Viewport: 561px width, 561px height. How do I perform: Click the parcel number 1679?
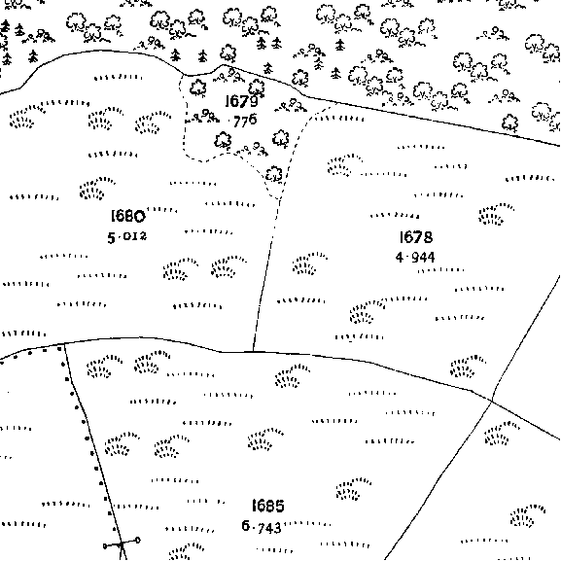pyautogui.click(x=241, y=101)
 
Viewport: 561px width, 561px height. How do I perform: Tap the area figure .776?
pyautogui.click(x=243, y=121)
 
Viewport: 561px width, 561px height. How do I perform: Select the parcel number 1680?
pyautogui.click(x=128, y=216)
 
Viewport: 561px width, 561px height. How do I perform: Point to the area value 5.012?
pyautogui.click(x=127, y=237)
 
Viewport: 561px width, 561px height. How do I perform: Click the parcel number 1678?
pyautogui.click(x=416, y=237)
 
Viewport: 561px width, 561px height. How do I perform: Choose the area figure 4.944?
pyautogui.click(x=415, y=257)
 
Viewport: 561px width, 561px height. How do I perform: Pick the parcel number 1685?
pyautogui.click(x=268, y=506)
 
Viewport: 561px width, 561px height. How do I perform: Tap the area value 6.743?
pyautogui.click(x=262, y=527)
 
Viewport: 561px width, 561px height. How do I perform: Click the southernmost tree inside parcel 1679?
pyautogui.click(x=274, y=174)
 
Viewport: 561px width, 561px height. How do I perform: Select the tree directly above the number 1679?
pyautogui.click(x=257, y=88)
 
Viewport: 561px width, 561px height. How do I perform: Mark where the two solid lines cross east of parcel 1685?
pyautogui.click(x=492, y=402)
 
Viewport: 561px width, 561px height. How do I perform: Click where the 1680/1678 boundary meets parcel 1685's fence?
pyautogui.click(x=253, y=352)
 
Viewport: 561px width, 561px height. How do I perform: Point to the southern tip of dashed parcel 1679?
pyautogui.click(x=279, y=198)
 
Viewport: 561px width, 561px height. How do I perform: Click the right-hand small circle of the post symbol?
pyautogui.click(x=138, y=541)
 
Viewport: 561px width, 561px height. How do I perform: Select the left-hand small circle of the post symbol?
pyautogui.click(x=105, y=546)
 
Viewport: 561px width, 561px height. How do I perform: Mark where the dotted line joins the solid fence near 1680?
pyautogui.click(x=64, y=344)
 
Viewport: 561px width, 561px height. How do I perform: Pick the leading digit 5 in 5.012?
pyautogui.click(x=111, y=238)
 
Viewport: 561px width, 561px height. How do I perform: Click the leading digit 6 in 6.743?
pyautogui.click(x=246, y=526)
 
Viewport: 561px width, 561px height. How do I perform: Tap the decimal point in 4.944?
pyautogui.click(x=407, y=257)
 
